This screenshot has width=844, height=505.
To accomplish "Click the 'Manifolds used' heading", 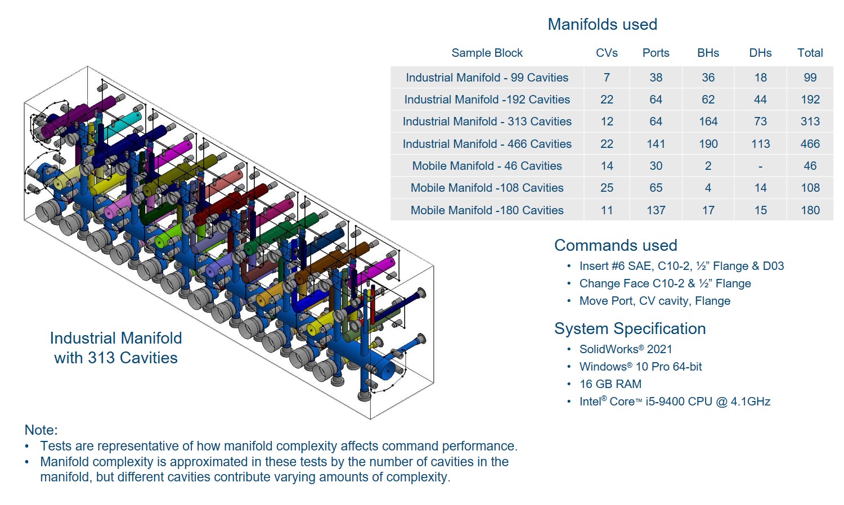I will tap(602, 25).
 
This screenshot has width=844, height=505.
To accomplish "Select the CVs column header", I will tap(607, 53).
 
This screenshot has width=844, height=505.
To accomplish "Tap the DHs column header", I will tap(760, 53).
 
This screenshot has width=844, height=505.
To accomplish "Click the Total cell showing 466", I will tap(810, 144).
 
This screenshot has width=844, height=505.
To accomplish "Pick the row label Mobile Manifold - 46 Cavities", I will tap(487, 166).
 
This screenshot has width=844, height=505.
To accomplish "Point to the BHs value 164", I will tap(708, 121).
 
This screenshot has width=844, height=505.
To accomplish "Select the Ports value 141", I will tap(656, 144).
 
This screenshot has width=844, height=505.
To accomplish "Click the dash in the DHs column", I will tap(760, 166).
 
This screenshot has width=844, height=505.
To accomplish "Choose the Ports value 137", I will tap(656, 210).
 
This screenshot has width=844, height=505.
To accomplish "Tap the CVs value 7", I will tap(607, 78).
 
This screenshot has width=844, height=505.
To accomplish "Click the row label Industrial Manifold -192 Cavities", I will tap(487, 100).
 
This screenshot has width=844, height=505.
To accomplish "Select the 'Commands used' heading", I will tap(616, 245).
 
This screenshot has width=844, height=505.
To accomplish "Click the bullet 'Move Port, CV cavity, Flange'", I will tap(654, 301).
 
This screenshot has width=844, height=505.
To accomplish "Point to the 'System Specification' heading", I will tap(630, 328).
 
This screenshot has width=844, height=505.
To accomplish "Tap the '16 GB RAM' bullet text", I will tap(610, 384).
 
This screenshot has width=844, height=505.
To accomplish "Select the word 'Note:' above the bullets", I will tap(41, 430).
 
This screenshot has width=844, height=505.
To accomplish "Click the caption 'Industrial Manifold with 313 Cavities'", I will tap(116, 348).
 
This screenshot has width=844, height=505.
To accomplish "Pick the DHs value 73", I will tap(760, 121).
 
